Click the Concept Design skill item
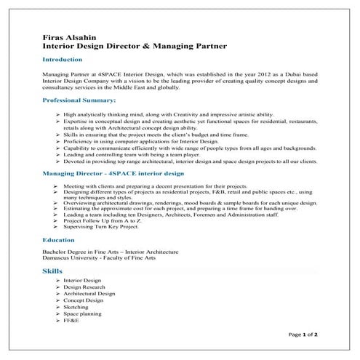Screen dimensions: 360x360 point(84,300)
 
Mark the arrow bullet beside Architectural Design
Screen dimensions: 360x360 point(57,293)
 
